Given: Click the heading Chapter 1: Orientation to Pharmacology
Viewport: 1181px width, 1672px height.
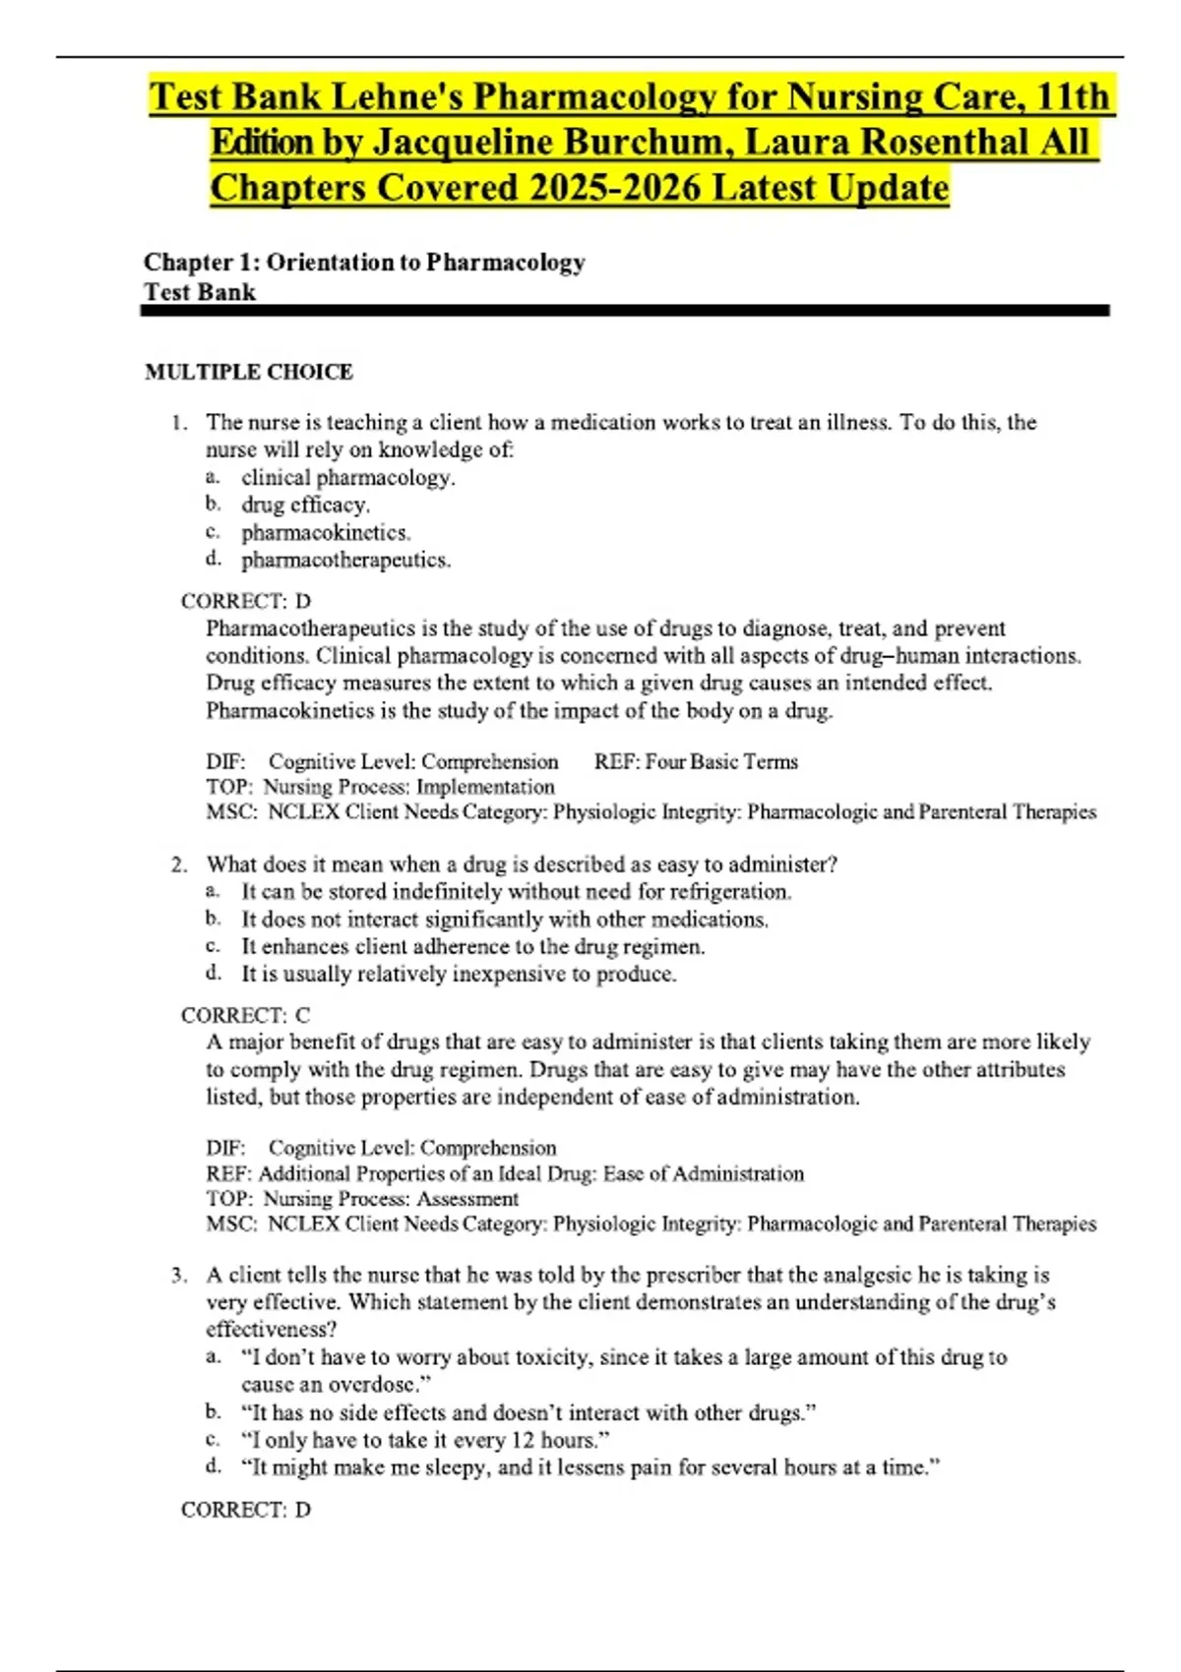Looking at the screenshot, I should pyautogui.click(x=364, y=262).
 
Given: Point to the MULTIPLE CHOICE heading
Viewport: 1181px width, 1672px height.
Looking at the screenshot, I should pyautogui.click(x=248, y=372).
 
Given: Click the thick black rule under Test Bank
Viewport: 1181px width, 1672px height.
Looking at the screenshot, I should pyautogui.click(x=625, y=311).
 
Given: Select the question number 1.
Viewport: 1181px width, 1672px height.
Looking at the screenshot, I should pyautogui.click(x=178, y=423).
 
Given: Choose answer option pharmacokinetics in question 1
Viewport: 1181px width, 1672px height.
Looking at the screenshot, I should pyautogui.click(x=326, y=532).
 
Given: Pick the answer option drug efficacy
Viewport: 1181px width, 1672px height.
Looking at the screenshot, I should pyautogui.click(x=305, y=505).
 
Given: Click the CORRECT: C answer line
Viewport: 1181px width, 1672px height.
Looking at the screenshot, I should pyautogui.click(x=245, y=1015).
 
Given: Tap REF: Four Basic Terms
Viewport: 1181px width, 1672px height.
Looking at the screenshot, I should pyautogui.click(x=696, y=761).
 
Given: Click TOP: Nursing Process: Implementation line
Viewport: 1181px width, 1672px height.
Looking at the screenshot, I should pyautogui.click(x=380, y=787).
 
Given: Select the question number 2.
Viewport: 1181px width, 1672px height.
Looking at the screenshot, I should pyautogui.click(x=178, y=865).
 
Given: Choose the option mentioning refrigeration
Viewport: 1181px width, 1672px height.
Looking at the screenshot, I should pyautogui.click(x=517, y=892).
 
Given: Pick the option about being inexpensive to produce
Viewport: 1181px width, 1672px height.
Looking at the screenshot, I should pyautogui.click(x=459, y=974).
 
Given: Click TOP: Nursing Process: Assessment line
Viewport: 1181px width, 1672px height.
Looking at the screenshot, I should pyautogui.click(x=362, y=1199).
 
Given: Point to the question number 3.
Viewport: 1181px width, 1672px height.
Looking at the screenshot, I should pyautogui.click(x=178, y=1276).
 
